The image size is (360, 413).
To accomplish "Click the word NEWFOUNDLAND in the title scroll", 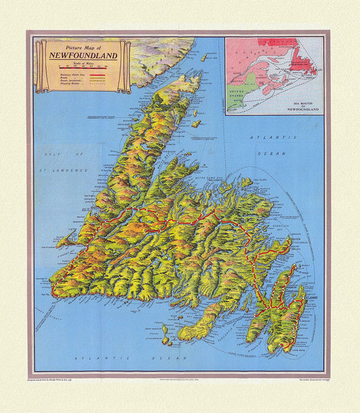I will [x=82, y=55].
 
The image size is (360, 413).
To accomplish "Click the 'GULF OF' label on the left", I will [x=50, y=155].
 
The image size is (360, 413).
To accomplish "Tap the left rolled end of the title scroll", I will [x=41, y=66].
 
